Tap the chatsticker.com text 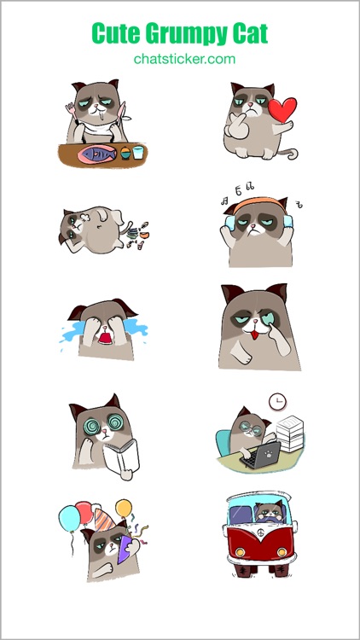(184, 59)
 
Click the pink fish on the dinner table (96, 154)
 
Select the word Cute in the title (115, 34)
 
